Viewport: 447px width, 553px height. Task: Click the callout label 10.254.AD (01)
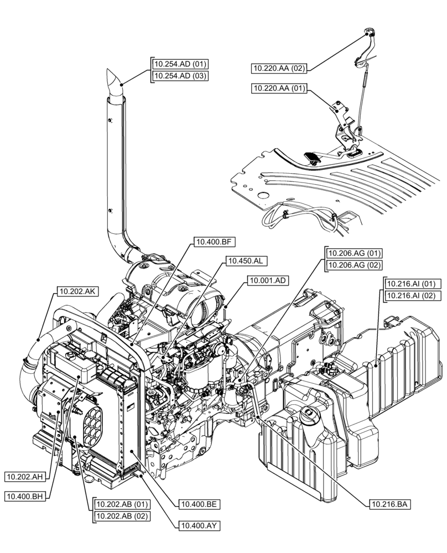click(x=180, y=64)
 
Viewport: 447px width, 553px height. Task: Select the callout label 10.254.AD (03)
click(x=180, y=76)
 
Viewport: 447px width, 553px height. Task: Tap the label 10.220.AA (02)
click(x=279, y=68)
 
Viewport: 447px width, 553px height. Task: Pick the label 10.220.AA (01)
click(x=279, y=88)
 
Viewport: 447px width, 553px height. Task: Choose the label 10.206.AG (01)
click(x=355, y=253)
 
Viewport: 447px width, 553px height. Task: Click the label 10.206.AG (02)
click(x=355, y=265)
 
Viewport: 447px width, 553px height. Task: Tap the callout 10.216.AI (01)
click(x=412, y=284)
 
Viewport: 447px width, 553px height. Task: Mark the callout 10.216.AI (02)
click(x=412, y=296)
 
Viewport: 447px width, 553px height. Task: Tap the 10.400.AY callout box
click(x=198, y=526)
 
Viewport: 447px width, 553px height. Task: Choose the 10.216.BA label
click(x=389, y=504)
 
